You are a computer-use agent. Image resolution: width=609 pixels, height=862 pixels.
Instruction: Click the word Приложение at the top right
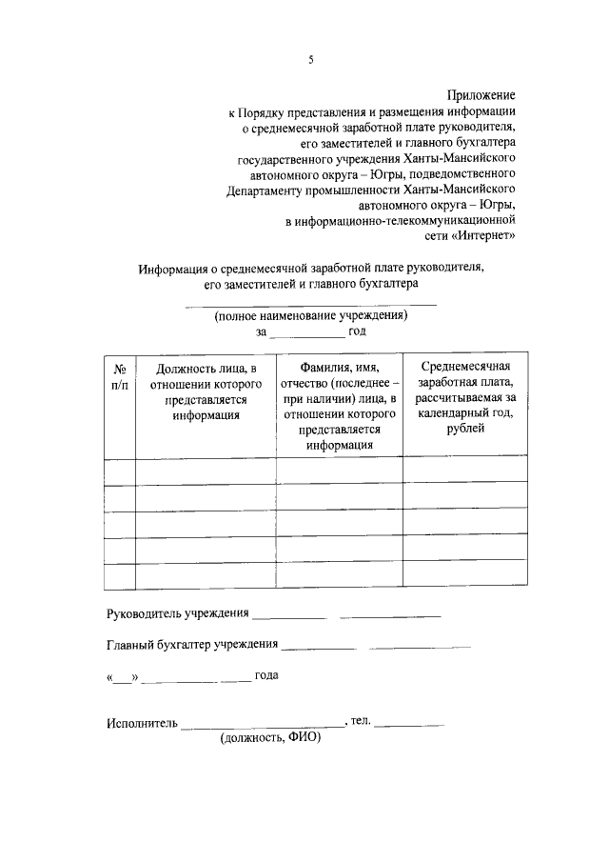(481, 95)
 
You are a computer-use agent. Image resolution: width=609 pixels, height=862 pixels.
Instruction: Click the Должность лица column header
(206, 391)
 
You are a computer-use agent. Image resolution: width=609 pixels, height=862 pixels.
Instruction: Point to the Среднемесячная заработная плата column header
(464, 398)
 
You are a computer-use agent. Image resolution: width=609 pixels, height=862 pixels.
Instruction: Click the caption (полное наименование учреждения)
(310, 315)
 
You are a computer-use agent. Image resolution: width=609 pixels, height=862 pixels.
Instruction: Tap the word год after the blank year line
(357, 331)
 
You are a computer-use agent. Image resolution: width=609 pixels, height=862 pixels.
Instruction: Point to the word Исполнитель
(142, 724)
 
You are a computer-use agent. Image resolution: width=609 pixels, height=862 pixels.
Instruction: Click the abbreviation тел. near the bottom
(360, 721)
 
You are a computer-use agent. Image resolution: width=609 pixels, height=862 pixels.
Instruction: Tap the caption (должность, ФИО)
(270, 738)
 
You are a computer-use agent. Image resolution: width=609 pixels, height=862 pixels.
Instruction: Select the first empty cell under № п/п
(120, 471)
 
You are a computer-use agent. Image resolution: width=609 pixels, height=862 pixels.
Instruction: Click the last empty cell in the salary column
(464, 577)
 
